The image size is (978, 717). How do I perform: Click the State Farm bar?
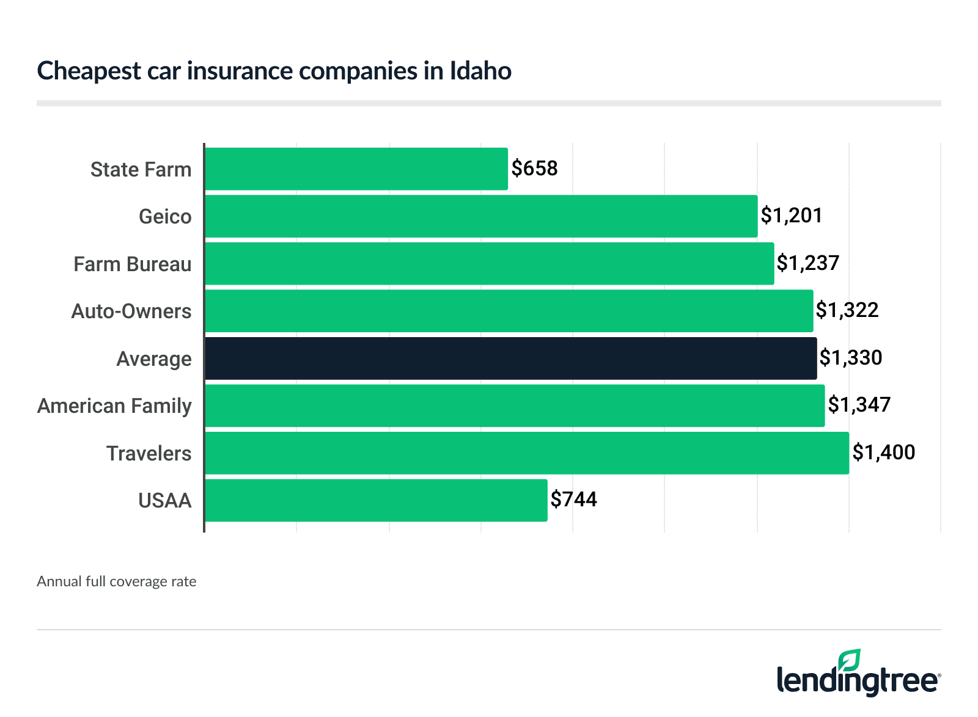pos(356,169)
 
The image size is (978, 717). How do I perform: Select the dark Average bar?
pos(510,358)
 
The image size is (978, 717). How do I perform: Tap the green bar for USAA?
pos(376,500)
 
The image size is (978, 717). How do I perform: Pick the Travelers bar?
pos(526,453)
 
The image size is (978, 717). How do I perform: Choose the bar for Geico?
pos(481,216)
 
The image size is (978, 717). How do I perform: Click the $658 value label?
pos(534,169)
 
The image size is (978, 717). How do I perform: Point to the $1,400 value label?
pos(883,453)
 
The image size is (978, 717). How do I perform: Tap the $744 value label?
pos(573,500)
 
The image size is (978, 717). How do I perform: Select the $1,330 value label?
pos(851,358)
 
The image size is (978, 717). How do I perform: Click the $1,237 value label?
pos(808,263)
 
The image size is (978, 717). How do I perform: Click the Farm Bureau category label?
pos(132,264)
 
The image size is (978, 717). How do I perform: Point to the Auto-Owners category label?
pos(131,311)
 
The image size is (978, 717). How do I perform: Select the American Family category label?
pos(114,406)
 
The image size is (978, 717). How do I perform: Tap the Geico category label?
pos(165,217)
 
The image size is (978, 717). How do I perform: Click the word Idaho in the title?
pos(480,71)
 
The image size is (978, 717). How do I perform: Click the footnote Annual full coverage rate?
pos(116,581)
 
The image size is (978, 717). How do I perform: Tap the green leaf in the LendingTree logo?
pos(849,661)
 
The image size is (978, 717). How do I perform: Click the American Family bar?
pos(515,406)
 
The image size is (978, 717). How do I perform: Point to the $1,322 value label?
pos(847,310)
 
